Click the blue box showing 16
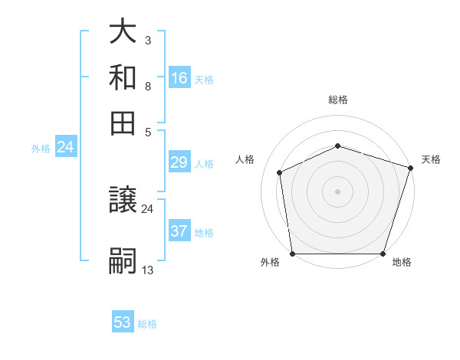tap(179, 77)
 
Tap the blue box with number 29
tap(179, 162)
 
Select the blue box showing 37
tap(179, 231)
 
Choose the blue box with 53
tap(123, 322)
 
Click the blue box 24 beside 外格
tap(65, 147)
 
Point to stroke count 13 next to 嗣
tap(148, 270)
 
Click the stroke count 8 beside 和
tap(148, 86)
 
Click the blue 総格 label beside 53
tap(148, 324)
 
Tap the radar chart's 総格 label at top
tap(338, 100)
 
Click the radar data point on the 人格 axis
tap(280, 172)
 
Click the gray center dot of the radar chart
tap(338, 191)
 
